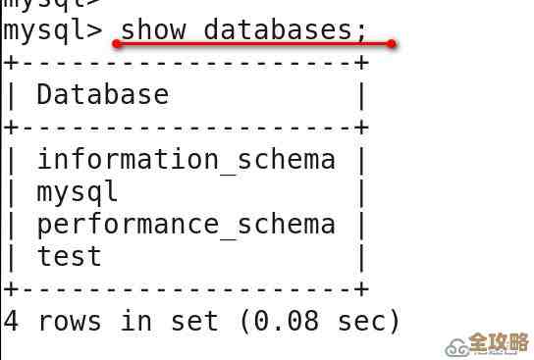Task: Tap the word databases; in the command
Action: coord(284,29)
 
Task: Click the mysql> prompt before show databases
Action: coord(53,29)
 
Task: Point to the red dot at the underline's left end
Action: coord(116,44)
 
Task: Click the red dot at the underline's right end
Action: coord(392,44)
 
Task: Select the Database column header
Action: coord(102,95)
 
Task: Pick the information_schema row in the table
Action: coord(186,160)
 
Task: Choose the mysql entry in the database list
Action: coord(78,192)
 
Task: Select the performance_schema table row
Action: coord(186,225)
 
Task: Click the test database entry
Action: coord(70,257)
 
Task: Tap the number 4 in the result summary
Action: coord(11,322)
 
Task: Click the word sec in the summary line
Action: coord(358,322)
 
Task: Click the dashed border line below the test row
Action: coord(186,289)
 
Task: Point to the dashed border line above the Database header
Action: coord(186,63)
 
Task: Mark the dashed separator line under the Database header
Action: coord(186,128)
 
